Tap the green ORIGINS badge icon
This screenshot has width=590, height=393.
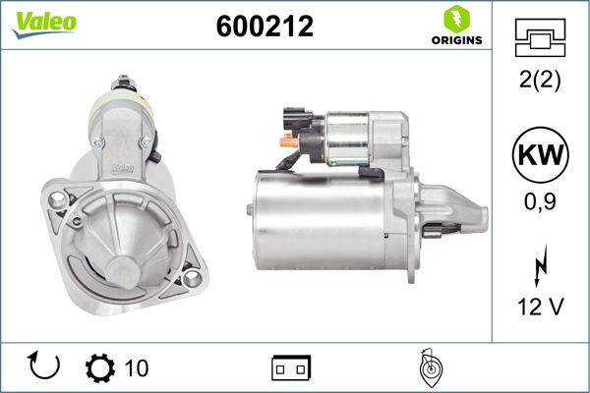click(454, 18)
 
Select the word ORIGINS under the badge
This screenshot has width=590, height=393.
click(455, 40)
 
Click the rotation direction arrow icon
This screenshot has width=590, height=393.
click(45, 366)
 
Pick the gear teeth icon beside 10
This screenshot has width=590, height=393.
click(99, 367)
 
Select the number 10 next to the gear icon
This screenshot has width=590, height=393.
click(137, 368)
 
